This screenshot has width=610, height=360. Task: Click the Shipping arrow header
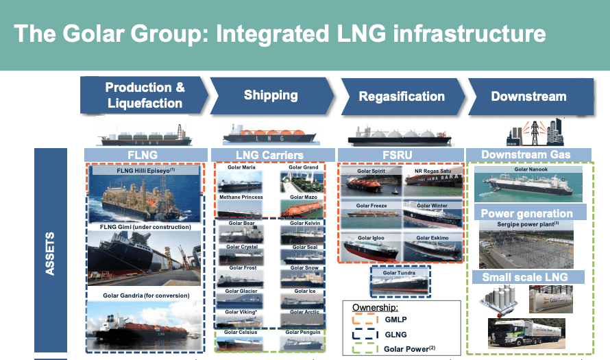pos(271,95)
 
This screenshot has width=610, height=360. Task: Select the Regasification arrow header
pos(402,96)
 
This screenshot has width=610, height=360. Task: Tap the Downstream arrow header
pos(528,96)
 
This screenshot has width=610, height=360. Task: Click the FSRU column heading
pos(400,155)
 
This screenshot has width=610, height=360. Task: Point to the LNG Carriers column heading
pos(271,155)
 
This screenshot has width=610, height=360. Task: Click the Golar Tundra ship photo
pos(400,283)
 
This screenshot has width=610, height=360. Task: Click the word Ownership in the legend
pos(374,307)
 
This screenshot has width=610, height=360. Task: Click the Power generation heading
pos(526,213)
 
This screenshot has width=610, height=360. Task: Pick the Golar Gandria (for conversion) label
pos(144,296)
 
